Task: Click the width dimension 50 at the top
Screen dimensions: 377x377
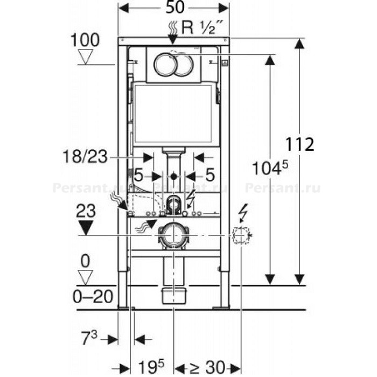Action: pos(173,8)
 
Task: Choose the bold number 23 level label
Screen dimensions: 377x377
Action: pos(87,211)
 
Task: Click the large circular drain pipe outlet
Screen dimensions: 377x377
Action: pos(173,235)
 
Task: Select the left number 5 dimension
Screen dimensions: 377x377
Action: pos(138,176)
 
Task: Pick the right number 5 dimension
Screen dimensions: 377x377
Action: pos(210,176)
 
